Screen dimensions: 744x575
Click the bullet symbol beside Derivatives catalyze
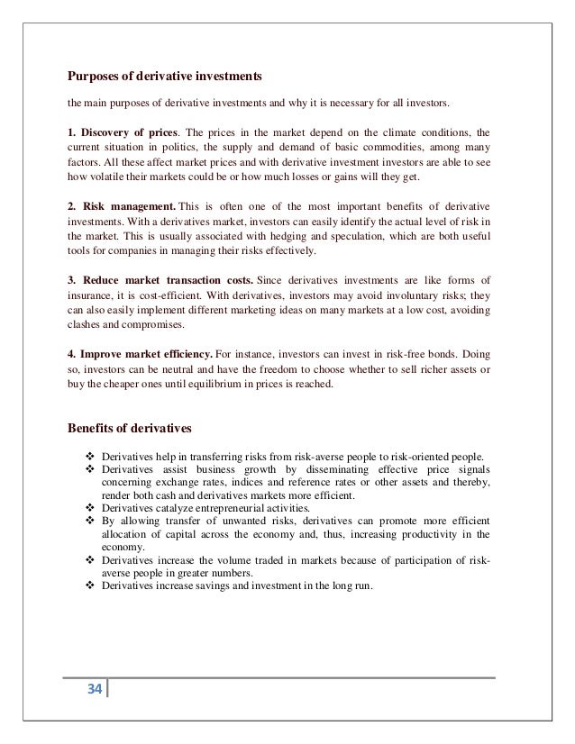click(x=89, y=508)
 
